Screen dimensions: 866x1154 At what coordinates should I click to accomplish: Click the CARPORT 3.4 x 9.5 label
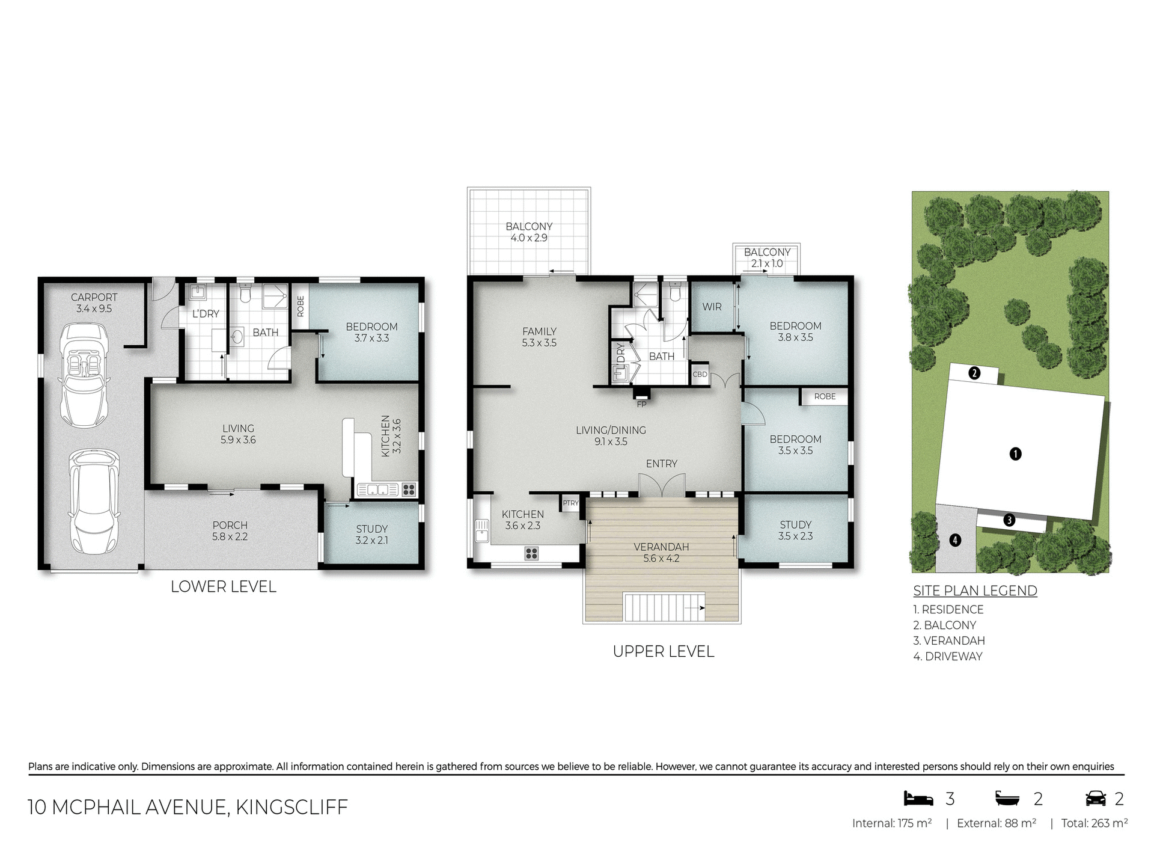click(94, 302)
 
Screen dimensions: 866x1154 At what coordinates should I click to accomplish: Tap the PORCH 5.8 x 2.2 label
click(230, 530)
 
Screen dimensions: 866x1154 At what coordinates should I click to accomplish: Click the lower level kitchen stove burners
click(409, 489)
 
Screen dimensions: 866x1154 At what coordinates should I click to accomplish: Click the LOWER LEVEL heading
click(223, 586)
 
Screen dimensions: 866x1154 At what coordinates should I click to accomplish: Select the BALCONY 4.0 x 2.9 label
click(529, 232)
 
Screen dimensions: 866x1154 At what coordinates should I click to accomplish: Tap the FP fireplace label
click(641, 404)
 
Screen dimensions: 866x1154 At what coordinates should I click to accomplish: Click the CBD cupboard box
click(700, 374)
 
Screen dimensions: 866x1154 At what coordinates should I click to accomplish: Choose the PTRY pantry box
click(570, 503)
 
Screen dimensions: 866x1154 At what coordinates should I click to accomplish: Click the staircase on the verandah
click(664, 607)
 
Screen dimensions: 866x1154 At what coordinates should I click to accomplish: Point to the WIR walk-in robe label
click(712, 307)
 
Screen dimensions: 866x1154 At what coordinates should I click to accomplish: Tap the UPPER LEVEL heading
click(663, 651)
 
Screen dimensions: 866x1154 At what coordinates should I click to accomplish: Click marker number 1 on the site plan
click(1015, 453)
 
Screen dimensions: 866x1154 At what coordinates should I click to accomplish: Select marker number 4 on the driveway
click(955, 540)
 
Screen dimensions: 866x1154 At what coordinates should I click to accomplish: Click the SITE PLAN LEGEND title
click(975, 591)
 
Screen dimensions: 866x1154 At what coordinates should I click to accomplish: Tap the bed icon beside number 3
click(918, 799)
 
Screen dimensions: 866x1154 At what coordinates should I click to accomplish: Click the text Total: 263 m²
click(1093, 823)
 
